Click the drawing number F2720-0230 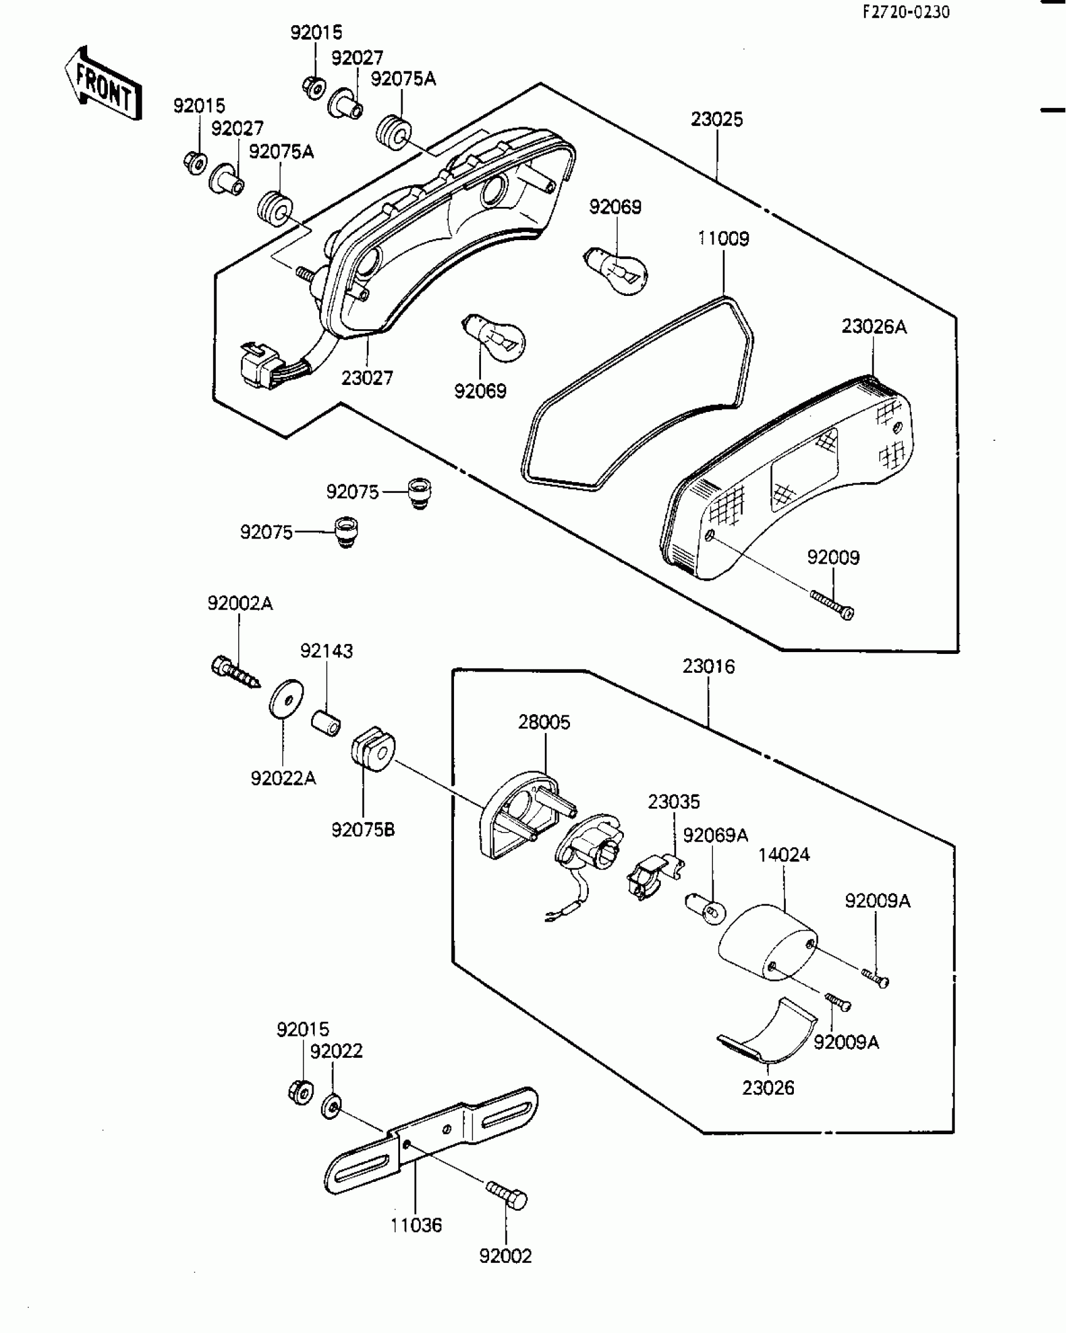click(906, 13)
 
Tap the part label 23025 click(717, 119)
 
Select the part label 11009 click(724, 239)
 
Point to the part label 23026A click(873, 327)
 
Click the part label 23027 click(367, 378)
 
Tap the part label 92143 click(326, 651)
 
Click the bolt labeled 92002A click(235, 673)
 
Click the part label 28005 click(544, 722)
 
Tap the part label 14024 click(784, 855)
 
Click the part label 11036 click(416, 1225)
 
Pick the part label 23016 click(709, 666)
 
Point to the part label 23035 click(673, 801)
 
